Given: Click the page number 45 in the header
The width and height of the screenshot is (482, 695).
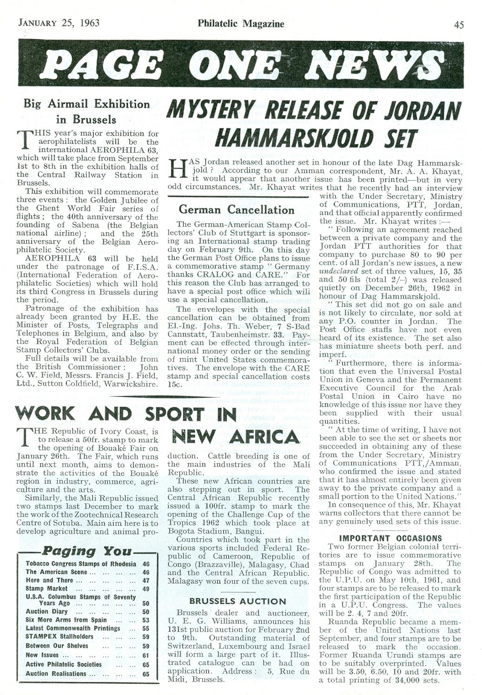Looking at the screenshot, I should (x=458, y=24).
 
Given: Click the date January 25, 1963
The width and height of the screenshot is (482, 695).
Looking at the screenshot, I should (x=58, y=23).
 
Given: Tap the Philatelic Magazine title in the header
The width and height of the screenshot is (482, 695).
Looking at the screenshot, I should (x=240, y=23).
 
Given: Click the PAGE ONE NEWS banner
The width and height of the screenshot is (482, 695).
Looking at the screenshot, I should (x=240, y=65).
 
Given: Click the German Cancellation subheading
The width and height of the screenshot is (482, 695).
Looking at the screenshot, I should (x=237, y=209).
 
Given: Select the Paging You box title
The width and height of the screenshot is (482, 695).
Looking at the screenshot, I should (x=87, y=552).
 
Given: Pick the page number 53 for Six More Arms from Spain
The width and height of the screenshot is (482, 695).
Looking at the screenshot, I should (x=146, y=620).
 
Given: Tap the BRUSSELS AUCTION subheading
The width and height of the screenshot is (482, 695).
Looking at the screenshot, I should (x=238, y=601).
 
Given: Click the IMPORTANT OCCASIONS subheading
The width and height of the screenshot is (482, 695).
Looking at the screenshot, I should (x=390, y=538).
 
